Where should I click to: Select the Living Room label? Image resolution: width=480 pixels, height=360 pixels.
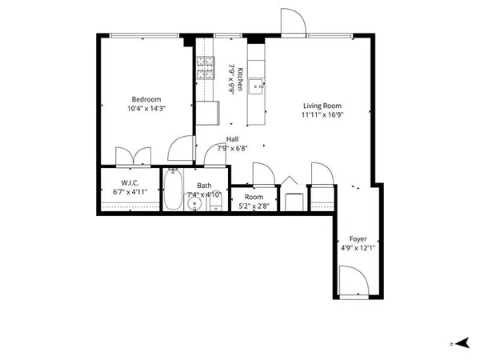click(x=322, y=106)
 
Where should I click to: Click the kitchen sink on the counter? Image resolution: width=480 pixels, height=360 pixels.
click(x=256, y=86)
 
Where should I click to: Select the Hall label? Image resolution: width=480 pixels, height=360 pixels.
click(x=232, y=139)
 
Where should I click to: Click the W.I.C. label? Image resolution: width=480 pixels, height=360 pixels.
click(x=130, y=182)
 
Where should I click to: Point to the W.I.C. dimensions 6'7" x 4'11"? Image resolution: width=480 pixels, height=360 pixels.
click(x=130, y=193)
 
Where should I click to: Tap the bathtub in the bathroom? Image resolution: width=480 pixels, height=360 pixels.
click(x=174, y=190)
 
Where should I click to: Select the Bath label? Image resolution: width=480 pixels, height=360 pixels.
click(x=204, y=185)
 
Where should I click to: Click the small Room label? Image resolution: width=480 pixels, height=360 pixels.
click(x=254, y=197)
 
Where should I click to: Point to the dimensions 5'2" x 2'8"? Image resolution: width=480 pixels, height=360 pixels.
click(x=254, y=206)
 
